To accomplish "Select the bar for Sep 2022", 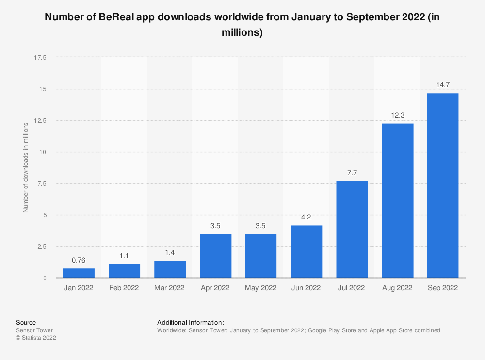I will [442, 185].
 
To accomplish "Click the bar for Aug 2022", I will [397, 200].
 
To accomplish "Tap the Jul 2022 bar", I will [352, 229].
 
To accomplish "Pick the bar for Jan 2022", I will [79, 273].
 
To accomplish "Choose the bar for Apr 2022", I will [215, 255].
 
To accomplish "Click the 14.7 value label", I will [442, 85].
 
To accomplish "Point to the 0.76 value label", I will [79, 260].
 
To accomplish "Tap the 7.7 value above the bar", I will [352, 173].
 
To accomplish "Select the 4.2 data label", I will [306, 217].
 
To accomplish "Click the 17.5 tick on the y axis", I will [40, 57].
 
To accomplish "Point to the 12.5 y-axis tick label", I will [40, 120].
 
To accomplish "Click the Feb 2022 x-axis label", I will [124, 288].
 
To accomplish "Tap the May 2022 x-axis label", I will [260, 288].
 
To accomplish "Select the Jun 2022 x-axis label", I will [306, 288].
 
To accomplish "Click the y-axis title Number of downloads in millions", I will [26, 168].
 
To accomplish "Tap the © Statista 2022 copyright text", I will [36, 338].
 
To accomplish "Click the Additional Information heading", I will [190, 322].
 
